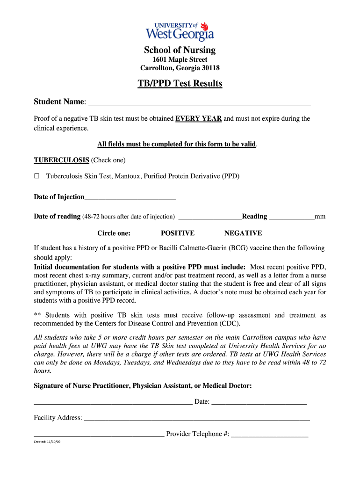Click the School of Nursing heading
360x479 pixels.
coord(180,50)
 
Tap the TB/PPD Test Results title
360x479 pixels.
coord(180,84)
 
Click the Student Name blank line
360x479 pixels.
coord(200,103)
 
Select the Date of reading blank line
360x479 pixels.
coord(210,217)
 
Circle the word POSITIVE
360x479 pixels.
coord(178,233)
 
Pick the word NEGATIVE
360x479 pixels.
coord(243,233)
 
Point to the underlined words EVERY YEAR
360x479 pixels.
coord(198,119)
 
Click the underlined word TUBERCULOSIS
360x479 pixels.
coord(61,160)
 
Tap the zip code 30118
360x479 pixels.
coord(210,68)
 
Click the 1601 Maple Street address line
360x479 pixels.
coord(180,59)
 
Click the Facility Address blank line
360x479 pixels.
coord(196,418)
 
